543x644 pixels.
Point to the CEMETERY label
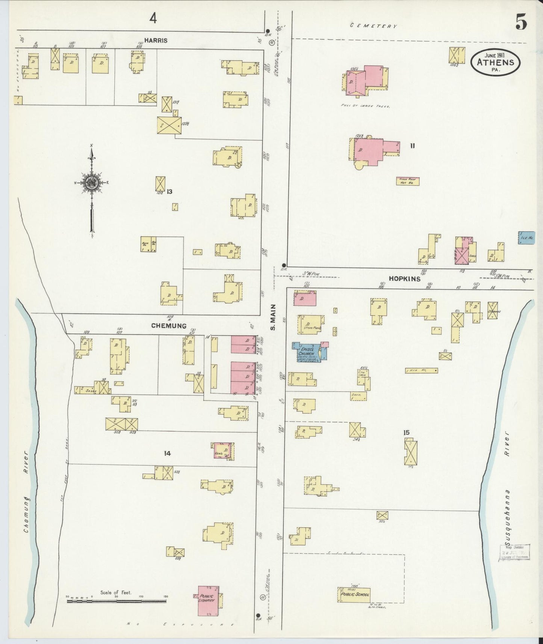click(373, 26)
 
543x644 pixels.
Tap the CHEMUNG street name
click(169, 326)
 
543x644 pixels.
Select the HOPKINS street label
click(404, 278)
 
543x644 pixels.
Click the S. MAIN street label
click(273, 317)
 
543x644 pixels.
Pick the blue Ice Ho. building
click(526, 237)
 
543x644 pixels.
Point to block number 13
click(169, 192)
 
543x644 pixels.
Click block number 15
click(406, 432)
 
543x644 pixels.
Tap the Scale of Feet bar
click(116, 601)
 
